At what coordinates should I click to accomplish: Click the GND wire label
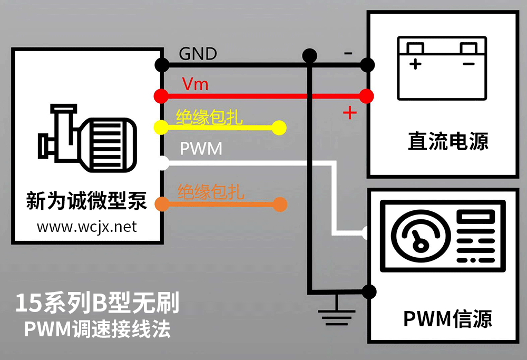(198, 54)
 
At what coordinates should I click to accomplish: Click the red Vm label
(195, 84)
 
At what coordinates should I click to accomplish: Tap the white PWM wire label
(201, 149)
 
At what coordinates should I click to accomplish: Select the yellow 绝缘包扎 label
(209, 117)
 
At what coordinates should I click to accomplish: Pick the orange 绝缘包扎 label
(211, 192)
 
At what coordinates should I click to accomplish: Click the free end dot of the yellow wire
(279, 128)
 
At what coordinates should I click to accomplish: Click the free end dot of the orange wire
(280, 204)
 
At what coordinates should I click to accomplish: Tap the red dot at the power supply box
(367, 96)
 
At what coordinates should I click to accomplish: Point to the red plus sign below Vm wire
(349, 112)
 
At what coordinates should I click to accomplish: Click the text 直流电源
(448, 141)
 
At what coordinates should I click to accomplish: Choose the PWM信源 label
(447, 319)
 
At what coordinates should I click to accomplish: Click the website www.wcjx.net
(86, 227)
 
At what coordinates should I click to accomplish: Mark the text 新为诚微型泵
(86, 201)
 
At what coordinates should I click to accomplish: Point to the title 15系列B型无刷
(97, 303)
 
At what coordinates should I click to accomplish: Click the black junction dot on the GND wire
(310, 54)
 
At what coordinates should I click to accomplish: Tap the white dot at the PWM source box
(367, 232)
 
